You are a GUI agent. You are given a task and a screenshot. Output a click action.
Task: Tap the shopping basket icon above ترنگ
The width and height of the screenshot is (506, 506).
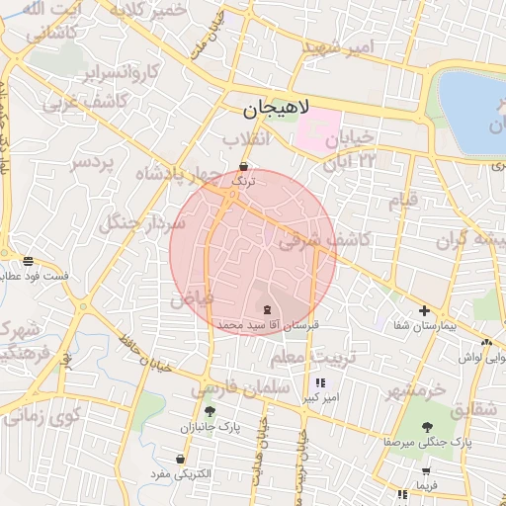[x=243, y=166]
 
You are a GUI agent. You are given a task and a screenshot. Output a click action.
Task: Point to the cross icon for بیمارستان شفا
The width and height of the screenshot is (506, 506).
[x=425, y=310]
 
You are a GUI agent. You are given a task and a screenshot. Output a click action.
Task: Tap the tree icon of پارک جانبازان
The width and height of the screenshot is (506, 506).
[x=209, y=411]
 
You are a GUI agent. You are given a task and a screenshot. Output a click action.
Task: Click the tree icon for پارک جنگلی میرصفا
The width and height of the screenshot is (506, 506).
[x=427, y=428]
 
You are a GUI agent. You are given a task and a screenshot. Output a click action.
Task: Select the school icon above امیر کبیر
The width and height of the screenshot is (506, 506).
[x=319, y=382]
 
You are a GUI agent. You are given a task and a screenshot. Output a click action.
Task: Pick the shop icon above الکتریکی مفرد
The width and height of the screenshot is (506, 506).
[x=180, y=460]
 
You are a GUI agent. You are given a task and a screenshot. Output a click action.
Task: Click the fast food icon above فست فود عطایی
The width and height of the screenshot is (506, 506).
[x=29, y=261]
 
